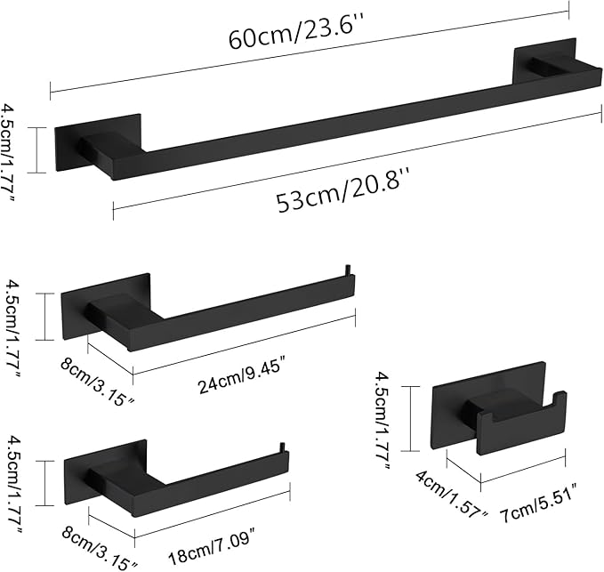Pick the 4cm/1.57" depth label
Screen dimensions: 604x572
(x=452, y=495)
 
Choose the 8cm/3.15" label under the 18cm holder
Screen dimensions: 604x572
(x=100, y=546)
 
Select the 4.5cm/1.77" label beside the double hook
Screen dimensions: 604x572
(x=383, y=418)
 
